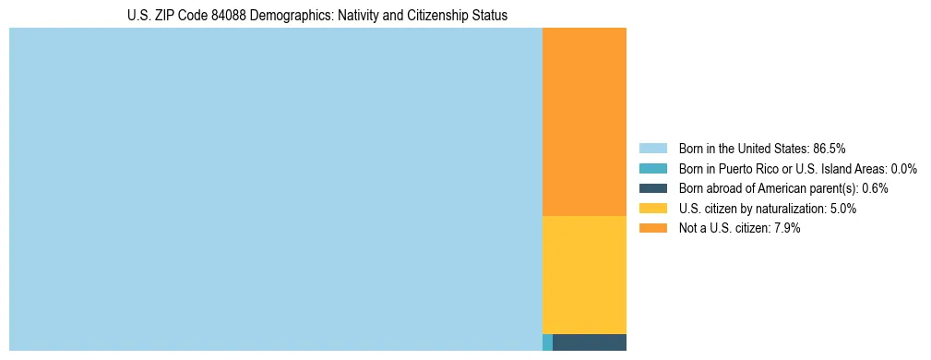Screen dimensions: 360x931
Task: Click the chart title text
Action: (x=317, y=16)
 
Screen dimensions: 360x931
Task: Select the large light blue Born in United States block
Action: (x=275, y=189)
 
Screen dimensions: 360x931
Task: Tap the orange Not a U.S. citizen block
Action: (x=584, y=122)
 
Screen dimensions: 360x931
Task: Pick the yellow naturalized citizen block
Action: (x=584, y=274)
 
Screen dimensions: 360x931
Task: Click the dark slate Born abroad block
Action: (x=590, y=342)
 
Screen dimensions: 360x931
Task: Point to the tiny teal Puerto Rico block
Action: (x=547, y=342)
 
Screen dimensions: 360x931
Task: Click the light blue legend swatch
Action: (x=652, y=149)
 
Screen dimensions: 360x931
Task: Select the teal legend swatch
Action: (x=652, y=169)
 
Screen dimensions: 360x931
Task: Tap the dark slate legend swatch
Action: (x=652, y=188)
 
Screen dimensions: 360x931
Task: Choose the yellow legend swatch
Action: (x=652, y=209)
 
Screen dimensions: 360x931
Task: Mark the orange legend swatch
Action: (x=652, y=228)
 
